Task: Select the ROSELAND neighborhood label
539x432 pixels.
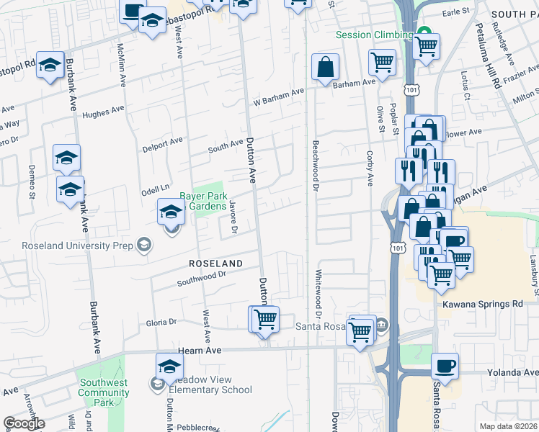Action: coord(216,263)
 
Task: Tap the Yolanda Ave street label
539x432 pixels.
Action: coord(512,372)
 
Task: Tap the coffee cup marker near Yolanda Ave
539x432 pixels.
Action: coord(445,365)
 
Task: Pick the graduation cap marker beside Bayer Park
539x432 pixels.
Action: coord(171,212)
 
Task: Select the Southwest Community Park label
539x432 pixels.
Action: coord(104,392)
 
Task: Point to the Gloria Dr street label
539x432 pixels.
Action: coord(161,323)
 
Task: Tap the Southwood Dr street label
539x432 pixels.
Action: coord(202,277)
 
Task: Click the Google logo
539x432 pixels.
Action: coord(24,423)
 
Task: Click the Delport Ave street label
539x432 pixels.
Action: coord(163,141)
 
